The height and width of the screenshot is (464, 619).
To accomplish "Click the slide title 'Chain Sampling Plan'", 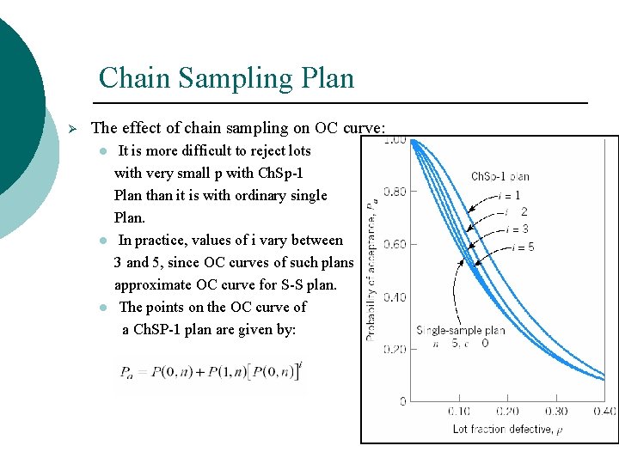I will tap(226, 78).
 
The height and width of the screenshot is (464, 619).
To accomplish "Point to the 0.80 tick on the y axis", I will tap(395, 192).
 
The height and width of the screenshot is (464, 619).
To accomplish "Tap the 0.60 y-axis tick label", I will tap(395, 245).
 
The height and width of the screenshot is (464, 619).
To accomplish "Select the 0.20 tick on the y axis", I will tap(395, 350).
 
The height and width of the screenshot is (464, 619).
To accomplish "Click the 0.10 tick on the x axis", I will tap(459, 412).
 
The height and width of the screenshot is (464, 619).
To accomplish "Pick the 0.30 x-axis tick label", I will tap(556, 412).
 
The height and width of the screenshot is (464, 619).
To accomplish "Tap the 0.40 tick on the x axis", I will tap(604, 412).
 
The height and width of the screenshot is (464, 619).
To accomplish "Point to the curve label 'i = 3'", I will tap(517, 229).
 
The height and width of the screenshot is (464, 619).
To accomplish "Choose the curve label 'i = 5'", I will tap(523, 247).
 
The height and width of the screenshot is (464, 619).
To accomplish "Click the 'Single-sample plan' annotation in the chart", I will tap(461, 330).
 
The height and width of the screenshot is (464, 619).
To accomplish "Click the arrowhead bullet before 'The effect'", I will tap(73, 128).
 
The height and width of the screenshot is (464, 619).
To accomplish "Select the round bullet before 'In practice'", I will tap(102, 241).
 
